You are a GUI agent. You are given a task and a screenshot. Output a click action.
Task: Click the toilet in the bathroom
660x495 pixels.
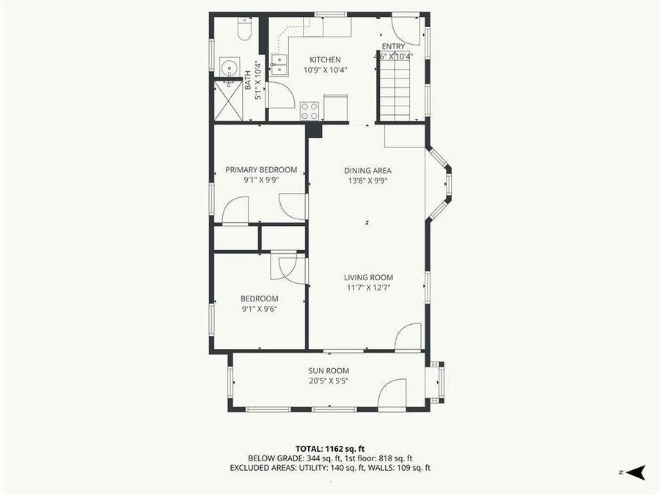[246, 30]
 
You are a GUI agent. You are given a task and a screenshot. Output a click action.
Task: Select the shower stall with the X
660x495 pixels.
[227, 101]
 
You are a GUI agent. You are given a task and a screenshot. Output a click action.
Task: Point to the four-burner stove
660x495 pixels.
[309, 111]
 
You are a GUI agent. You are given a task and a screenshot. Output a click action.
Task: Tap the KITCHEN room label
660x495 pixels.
[325, 60]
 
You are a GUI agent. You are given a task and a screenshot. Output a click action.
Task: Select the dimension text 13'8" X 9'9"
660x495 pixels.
[367, 180]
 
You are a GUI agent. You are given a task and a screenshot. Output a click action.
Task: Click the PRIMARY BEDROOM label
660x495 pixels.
[261, 170]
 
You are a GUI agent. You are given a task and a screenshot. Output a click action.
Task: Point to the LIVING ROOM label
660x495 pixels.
[369, 277]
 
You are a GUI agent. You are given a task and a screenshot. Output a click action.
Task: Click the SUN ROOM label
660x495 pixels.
[329, 371]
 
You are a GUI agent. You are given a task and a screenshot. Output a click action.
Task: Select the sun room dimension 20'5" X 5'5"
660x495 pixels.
[328, 381]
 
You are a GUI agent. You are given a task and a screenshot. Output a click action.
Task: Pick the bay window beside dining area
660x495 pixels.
[441, 181]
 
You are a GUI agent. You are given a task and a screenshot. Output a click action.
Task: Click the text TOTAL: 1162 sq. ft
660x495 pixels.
[330, 448]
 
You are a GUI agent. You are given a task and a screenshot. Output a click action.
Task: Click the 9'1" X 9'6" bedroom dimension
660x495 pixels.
[260, 309]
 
